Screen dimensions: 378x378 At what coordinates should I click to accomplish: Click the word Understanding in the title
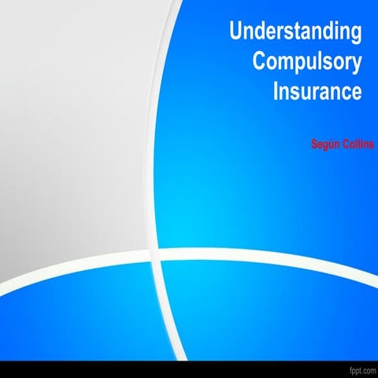click(x=295, y=32)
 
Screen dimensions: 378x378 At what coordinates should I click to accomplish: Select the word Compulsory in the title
click(x=307, y=61)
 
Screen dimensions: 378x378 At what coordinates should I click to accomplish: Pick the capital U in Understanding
click(x=235, y=32)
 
